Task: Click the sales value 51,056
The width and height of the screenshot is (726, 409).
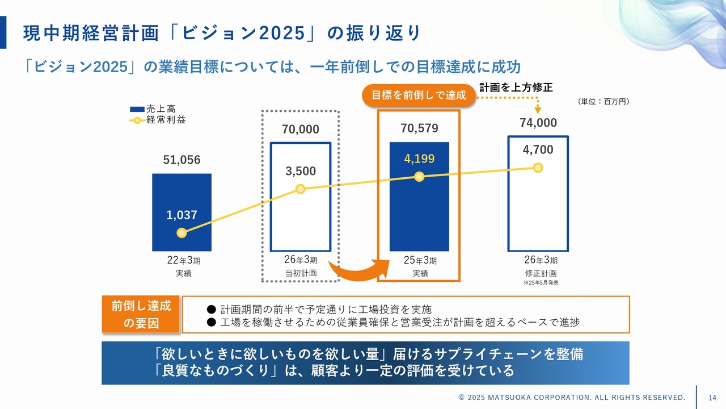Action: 181,160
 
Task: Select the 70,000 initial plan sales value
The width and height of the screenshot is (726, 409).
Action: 301,130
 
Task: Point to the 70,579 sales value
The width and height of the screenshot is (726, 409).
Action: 419,128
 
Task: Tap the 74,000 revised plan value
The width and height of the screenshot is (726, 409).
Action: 538,123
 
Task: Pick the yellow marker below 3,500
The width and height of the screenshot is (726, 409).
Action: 301,189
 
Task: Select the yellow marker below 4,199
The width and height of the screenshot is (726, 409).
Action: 419,177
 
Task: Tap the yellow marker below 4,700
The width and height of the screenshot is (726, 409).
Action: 538,168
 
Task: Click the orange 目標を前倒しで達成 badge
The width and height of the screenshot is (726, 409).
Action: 419,95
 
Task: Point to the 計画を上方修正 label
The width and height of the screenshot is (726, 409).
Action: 516,87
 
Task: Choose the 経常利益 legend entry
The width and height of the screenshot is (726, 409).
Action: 157,120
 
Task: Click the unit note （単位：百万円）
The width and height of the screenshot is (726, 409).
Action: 603,102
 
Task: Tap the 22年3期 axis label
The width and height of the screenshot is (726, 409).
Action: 183,261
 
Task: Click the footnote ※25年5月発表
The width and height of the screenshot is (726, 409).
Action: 541,282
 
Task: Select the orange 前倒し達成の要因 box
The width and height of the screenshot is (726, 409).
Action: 141,314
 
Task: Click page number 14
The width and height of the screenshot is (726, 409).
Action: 712,397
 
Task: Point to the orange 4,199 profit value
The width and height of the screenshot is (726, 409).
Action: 419,159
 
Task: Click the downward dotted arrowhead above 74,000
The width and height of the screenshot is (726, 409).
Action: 538,110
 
